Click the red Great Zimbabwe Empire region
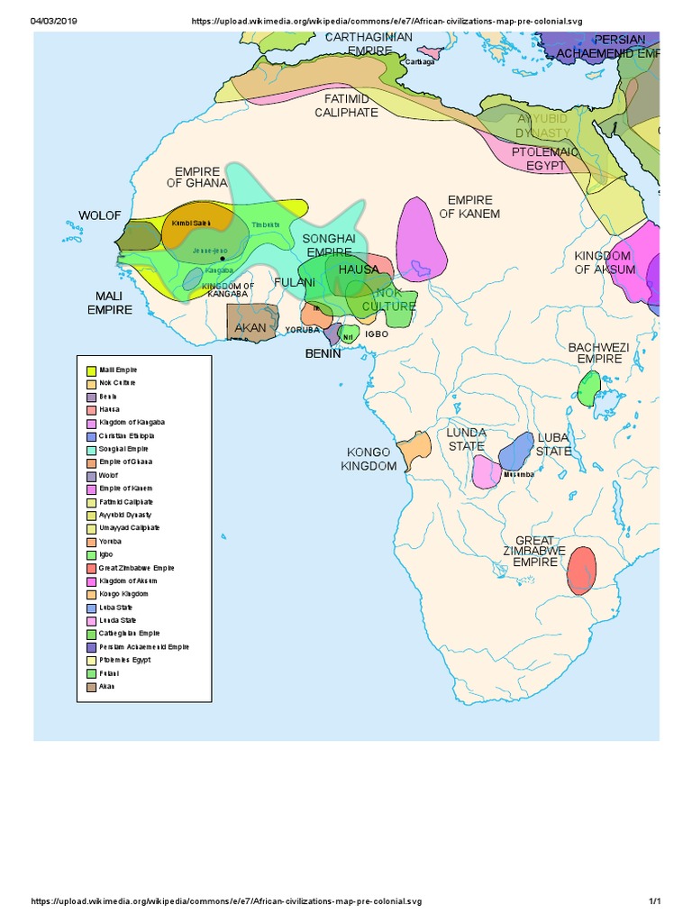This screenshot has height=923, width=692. tap(582, 570)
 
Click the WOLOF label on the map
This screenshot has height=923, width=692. tap(99, 215)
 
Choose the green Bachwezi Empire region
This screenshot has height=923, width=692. tap(588, 388)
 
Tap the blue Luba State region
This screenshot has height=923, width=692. tap(516, 450)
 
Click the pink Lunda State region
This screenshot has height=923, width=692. tap(487, 472)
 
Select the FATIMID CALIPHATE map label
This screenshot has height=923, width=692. tap(346, 105)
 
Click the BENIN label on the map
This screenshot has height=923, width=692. tap(323, 353)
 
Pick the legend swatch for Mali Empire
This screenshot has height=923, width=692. tap(91, 370)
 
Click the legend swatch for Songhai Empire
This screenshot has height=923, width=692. tap(91, 449)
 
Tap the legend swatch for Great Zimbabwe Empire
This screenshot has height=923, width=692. tap(91, 568)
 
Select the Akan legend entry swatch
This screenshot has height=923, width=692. tap(91, 687)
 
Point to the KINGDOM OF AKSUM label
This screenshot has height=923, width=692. tap(605, 262)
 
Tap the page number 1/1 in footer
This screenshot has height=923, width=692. tap(655, 902)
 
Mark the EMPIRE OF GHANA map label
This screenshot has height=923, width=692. tap(197, 177)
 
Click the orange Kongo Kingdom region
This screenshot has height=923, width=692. tap(415, 448)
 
